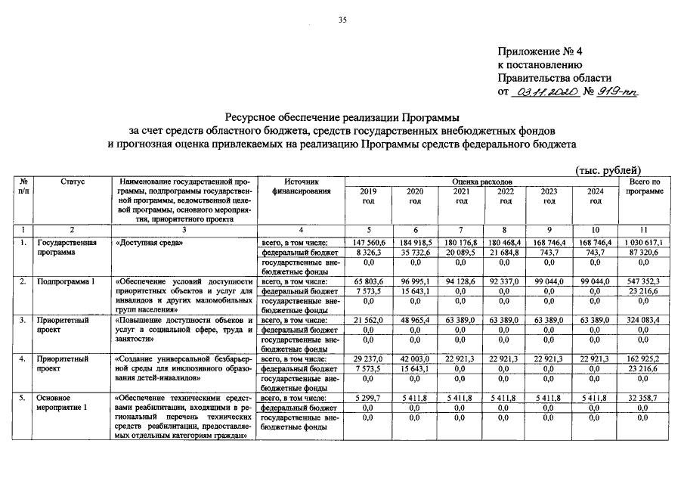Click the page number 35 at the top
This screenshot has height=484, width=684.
click(342, 20)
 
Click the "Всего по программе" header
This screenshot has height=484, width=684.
click(643, 187)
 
